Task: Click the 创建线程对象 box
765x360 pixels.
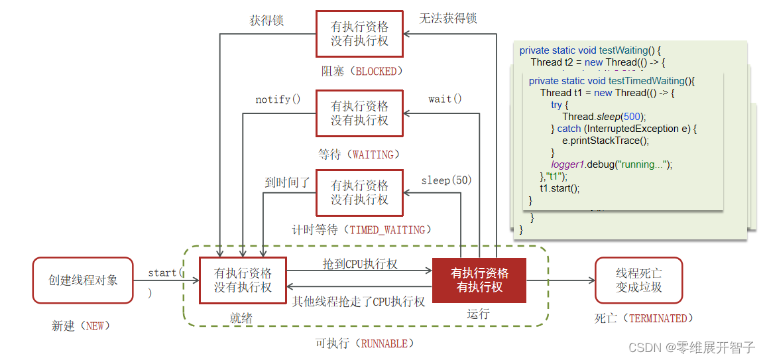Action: (x=83, y=280)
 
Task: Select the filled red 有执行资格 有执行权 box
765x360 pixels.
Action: (x=479, y=280)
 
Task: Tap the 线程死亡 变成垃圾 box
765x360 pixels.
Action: (x=638, y=280)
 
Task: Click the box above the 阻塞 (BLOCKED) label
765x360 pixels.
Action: (x=359, y=34)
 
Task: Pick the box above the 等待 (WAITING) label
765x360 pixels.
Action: (x=359, y=113)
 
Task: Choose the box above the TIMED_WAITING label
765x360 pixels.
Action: (x=359, y=192)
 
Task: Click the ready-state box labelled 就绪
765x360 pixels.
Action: (x=243, y=280)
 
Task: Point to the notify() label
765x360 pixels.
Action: (x=278, y=99)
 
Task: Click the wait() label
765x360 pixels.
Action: (x=445, y=99)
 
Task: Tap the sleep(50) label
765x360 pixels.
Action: (x=446, y=180)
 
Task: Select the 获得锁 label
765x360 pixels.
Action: (x=266, y=21)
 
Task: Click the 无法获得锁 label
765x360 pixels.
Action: (x=447, y=19)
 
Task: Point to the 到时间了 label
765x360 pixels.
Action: (x=287, y=182)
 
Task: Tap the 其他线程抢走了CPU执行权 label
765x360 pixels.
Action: (x=359, y=302)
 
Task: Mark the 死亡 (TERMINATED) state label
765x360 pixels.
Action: (x=644, y=318)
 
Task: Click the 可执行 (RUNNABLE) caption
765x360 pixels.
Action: (x=365, y=343)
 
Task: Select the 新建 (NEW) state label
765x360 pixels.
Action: (x=81, y=326)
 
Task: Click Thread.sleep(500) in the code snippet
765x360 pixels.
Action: (x=604, y=117)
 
